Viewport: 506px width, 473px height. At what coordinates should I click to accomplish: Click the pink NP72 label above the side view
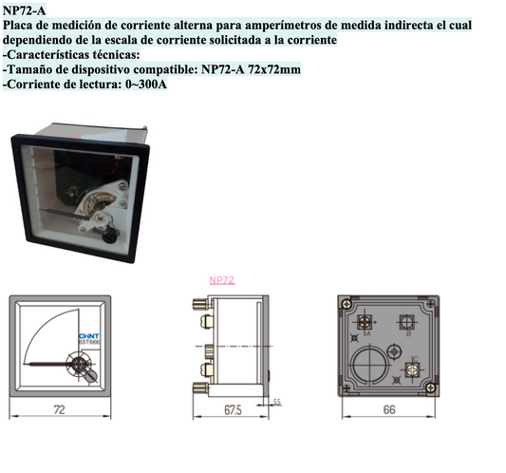point(221,280)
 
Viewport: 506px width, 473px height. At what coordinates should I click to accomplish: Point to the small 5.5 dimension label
point(277,402)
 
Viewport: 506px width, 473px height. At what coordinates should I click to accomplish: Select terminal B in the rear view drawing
point(407,322)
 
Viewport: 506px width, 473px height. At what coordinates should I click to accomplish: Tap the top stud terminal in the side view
point(201,305)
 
